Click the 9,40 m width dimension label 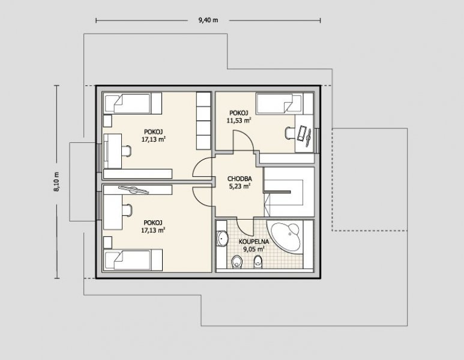click(208, 20)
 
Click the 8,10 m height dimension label click(56, 182)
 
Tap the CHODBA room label click(240, 179)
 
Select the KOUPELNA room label click(254, 242)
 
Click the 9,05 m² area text click(254, 249)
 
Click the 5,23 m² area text click(240, 186)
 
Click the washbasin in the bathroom click(223, 238)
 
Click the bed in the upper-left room click(133, 103)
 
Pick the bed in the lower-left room click(133, 260)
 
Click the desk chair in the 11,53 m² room click(289, 133)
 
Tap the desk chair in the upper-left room click(127, 150)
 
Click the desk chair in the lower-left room click(127, 210)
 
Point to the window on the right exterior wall click(317, 140)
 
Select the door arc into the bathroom click(245, 226)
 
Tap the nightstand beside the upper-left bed click(107, 121)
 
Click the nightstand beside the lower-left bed click(107, 242)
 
